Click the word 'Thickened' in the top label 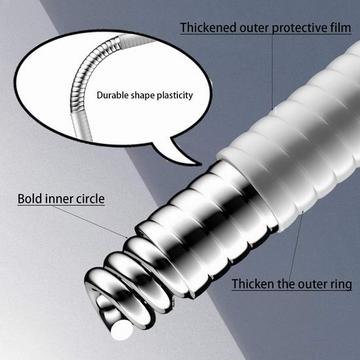tap(208, 27)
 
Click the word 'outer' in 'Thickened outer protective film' tap(255, 28)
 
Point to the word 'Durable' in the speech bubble tap(113, 95)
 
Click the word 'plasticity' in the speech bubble tap(175, 96)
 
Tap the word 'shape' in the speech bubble tap(143, 96)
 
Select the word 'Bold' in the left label tap(30, 198)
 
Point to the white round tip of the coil tap(122, 330)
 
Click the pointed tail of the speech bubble tap(200, 164)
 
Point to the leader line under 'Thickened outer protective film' tap(272, 71)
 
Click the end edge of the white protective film tap(249, 190)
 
